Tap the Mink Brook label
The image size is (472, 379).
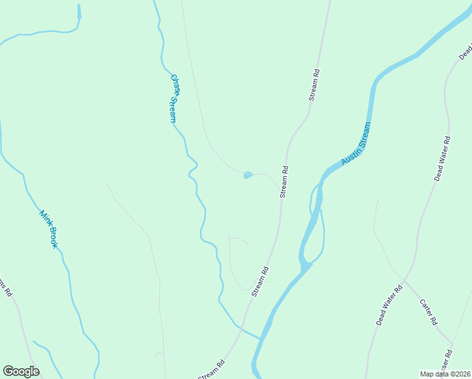click(49, 229)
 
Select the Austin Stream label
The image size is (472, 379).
click(355, 145)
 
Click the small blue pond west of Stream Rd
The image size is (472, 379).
click(248, 175)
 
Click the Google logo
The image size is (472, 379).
click(21, 371)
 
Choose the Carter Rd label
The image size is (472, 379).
click(429, 312)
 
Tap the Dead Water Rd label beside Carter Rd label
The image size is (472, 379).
click(389, 306)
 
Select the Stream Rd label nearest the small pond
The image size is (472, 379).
click(284, 182)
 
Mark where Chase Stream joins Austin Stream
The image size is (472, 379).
click(260, 339)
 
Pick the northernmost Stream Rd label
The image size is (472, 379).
click(314, 85)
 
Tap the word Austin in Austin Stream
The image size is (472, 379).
click(348, 157)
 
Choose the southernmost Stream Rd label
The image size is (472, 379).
click(211, 370)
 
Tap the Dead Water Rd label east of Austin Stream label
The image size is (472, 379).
click(442, 158)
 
